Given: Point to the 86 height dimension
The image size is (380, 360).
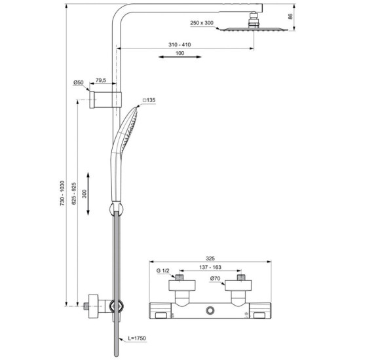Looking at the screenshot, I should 307,16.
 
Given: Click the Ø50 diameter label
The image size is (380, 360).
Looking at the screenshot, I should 78,82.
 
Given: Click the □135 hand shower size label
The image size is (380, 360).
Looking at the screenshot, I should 149,100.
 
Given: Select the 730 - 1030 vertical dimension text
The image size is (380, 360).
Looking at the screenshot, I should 63,194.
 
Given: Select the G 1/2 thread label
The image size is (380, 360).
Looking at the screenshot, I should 163,270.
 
